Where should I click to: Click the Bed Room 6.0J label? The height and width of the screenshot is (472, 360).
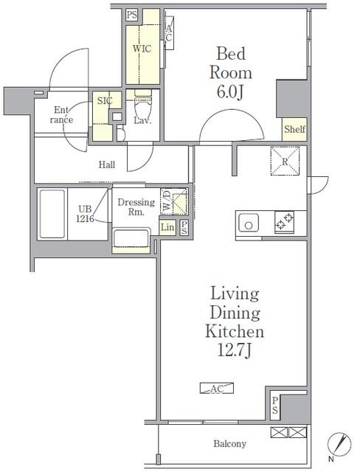click(233, 73)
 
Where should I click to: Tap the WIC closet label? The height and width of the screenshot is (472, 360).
click(142, 49)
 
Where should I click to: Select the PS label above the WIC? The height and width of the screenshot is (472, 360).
click(131, 14)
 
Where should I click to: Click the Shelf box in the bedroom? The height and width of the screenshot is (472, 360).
click(294, 129)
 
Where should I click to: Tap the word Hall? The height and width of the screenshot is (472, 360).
click(108, 166)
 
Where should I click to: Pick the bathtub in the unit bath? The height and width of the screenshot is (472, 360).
click(52, 215)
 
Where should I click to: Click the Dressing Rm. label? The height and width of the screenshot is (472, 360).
click(136, 207)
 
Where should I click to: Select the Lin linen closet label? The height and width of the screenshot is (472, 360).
click(167, 227)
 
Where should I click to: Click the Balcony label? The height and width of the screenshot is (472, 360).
click(229, 444)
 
